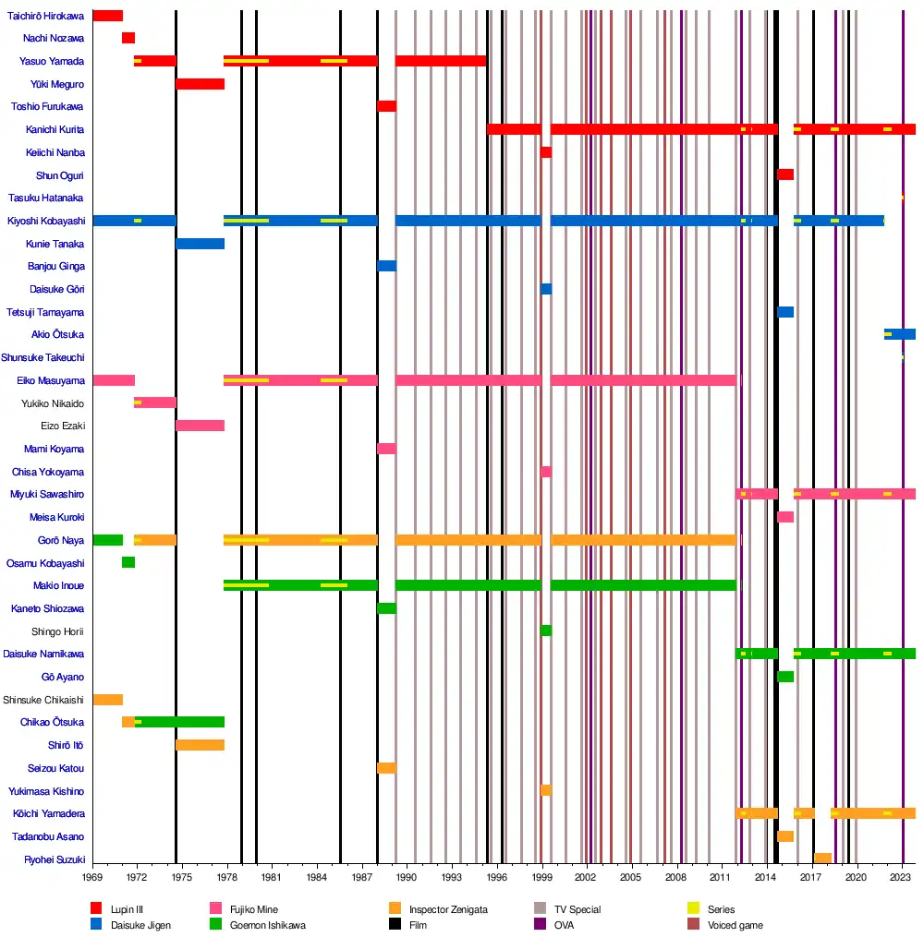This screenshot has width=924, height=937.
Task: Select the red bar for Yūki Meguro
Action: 200,84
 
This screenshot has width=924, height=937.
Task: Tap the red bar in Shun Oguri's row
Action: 785,174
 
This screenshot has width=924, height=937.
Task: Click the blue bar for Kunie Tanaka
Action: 200,244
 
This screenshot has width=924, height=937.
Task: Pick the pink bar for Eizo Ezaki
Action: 200,426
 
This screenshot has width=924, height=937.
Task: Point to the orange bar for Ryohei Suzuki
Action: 822,859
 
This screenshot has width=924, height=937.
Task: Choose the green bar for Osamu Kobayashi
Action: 128,562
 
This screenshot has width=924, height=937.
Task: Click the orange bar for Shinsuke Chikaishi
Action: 107,700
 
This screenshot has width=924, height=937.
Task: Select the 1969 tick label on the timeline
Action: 92,875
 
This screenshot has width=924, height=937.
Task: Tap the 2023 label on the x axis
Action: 902,875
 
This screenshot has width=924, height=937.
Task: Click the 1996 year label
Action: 497,875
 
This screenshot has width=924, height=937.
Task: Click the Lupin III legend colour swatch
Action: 96,909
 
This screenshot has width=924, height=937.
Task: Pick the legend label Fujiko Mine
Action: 254,909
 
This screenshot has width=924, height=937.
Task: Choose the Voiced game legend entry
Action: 736,925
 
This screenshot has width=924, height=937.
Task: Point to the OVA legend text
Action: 564,925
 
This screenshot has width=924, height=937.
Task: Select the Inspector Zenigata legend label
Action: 448,909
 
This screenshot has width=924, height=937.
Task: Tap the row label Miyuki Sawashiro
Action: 47,495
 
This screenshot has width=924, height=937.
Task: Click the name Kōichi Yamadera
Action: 49,813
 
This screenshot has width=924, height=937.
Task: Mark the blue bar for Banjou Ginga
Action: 386,266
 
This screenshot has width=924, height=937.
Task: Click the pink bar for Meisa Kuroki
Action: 785,517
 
